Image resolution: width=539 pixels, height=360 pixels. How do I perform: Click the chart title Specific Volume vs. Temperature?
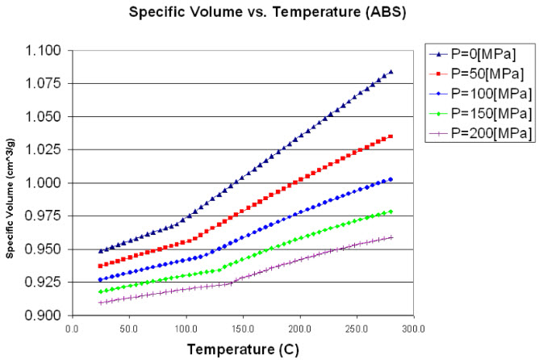click(x=269, y=14)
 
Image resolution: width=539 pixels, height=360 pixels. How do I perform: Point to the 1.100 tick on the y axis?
click(x=47, y=50)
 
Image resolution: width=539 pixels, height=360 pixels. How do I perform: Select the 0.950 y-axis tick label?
click(x=47, y=249)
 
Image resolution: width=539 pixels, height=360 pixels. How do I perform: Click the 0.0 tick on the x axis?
click(x=72, y=329)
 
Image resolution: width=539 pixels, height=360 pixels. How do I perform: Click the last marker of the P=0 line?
click(x=391, y=72)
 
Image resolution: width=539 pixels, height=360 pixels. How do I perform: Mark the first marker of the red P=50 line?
click(x=100, y=266)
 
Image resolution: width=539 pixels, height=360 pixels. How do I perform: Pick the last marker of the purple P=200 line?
click(x=391, y=237)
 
